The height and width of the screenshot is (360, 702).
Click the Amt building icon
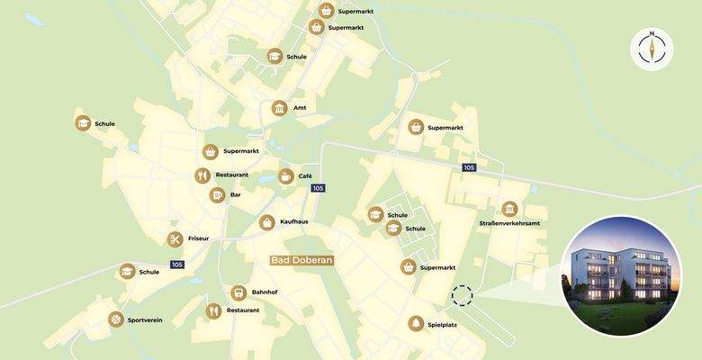[279, 108]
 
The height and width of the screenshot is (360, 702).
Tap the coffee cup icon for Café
[285, 176]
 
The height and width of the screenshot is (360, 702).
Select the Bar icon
[217, 194]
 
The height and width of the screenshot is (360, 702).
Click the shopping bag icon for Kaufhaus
[267, 221]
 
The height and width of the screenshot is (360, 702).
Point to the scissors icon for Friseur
[175, 239]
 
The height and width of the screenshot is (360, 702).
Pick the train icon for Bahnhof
[238, 292]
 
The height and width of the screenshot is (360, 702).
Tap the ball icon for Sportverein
[116, 319]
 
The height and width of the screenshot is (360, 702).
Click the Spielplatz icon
[415, 324]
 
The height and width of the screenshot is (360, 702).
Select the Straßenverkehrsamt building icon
[509, 209]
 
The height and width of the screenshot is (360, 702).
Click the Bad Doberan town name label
[302, 260]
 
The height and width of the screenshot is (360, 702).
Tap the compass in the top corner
[651, 49]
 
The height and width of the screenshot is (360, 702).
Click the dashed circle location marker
[462, 296]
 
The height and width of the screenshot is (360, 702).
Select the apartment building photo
[621, 275]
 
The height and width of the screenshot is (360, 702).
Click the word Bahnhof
[265, 292]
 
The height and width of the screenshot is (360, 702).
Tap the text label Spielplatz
[443, 324]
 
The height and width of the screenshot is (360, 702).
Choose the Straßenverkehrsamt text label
[509, 223]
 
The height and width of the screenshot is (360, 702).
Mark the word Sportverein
[145, 319]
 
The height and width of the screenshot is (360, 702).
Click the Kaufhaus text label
[294, 221]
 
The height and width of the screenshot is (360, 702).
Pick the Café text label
[305, 176]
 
